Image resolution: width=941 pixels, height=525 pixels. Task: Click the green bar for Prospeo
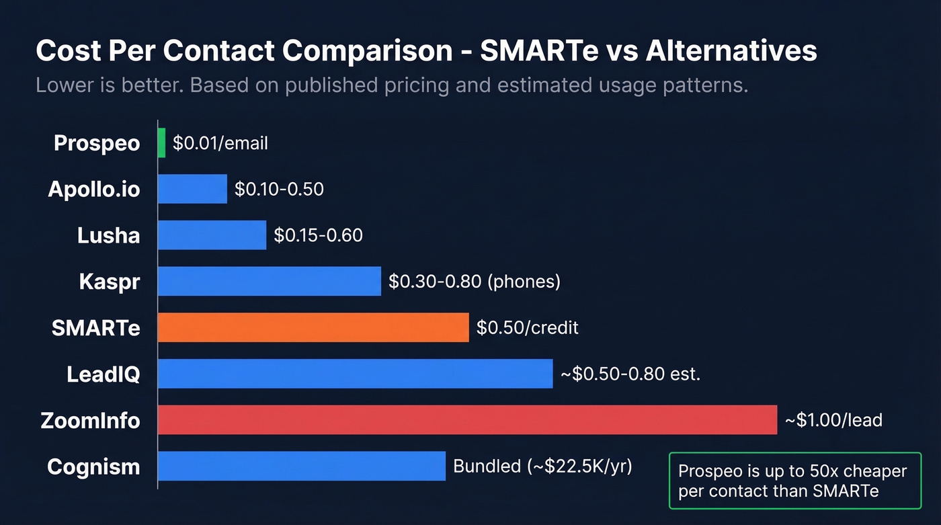click(161, 143)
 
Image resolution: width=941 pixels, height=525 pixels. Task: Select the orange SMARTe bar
click(313, 327)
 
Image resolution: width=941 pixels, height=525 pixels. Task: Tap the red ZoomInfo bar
click(467, 419)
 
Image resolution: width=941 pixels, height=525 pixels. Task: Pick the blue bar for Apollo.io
click(192, 189)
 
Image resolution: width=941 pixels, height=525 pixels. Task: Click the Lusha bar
click(212, 235)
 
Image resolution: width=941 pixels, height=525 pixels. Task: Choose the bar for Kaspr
click(269, 281)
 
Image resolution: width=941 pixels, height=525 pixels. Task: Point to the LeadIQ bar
click(355, 374)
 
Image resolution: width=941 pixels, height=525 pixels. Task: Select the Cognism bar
click(301, 466)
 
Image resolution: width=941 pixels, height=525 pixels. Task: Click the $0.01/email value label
click(220, 143)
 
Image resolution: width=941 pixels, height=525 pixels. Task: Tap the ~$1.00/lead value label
click(833, 420)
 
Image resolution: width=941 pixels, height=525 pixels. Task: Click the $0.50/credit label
click(528, 328)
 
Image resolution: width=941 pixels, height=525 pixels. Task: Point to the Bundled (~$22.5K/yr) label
click(543, 466)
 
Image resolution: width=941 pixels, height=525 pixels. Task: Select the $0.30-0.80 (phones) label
click(475, 282)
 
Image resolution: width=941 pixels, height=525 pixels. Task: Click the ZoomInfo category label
click(90, 421)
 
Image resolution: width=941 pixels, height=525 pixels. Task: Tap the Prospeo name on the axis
click(97, 143)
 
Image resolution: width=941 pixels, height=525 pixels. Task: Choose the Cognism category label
click(93, 467)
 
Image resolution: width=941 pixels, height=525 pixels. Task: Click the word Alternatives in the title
click(731, 51)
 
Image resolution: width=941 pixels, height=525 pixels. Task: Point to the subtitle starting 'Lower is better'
click(391, 86)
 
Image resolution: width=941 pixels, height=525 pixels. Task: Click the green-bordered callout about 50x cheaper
click(794, 481)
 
